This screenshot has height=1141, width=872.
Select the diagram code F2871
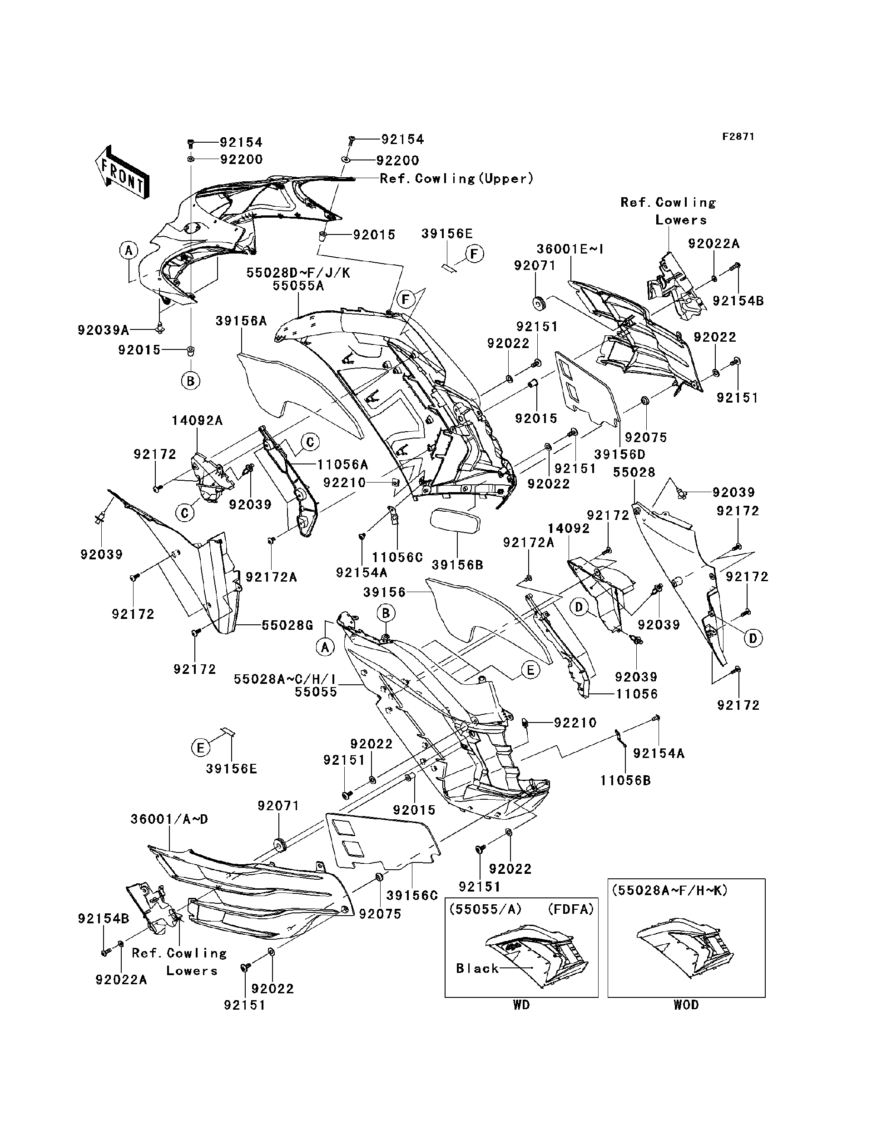coord(738,137)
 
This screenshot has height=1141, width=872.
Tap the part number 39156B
coord(457,565)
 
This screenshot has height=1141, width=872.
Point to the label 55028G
coord(287,625)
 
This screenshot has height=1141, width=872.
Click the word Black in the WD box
coord(477,969)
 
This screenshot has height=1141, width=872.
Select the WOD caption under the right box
coord(686,1005)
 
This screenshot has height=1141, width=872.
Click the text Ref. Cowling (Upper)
coord(456,179)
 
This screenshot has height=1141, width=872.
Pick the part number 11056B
coord(625,781)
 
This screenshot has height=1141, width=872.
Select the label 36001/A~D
coord(169,819)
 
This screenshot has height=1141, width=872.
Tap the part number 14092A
coord(197,421)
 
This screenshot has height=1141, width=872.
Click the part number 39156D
coord(620,454)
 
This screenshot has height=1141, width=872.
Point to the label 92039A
coord(103,330)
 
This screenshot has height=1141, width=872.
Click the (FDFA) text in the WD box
coord(571,909)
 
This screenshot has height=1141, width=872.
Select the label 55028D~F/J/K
coord(298,273)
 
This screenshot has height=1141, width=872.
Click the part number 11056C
coord(397,557)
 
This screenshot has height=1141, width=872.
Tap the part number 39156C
coord(412,895)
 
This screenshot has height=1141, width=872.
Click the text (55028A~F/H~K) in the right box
coord(669,890)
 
